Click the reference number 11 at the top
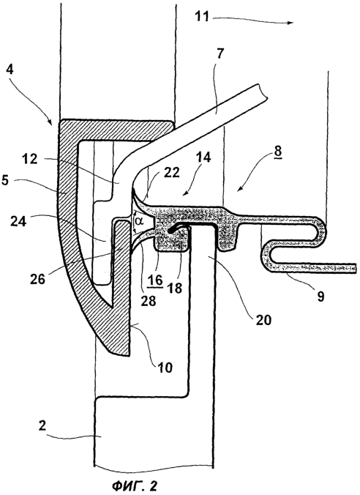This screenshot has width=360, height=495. point(202,15)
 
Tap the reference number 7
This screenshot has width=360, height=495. point(220,53)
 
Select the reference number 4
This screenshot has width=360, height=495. point(10,69)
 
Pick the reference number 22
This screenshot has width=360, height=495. point(172,173)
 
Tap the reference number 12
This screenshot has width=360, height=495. point(30,159)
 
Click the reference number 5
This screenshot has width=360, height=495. point(10,183)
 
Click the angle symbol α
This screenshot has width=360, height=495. point(139,222)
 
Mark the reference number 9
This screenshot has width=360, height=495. point(320,297)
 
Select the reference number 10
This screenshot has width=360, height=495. point(165,367)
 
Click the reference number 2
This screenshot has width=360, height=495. point(42,425)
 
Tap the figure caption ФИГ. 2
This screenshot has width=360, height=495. point(135,486)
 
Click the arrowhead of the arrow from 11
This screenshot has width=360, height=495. point(290,23)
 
